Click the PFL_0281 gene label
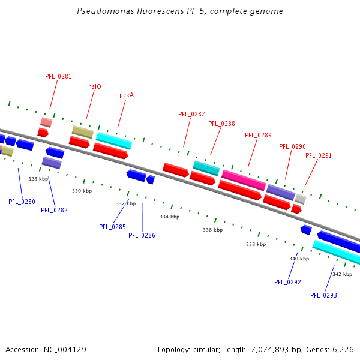pyautogui.click(x=58, y=77)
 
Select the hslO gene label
pyautogui.click(x=95, y=86)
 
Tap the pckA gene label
pyautogui.click(x=127, y=95)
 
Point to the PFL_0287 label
pyautogui.click(x=191, y=114)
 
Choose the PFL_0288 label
pyautogui.click(x=221, y=124)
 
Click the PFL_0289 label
pyautogui.click(x=258, y=135)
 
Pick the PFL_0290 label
pyautogui.click(x=292, y=146)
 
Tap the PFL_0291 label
pyautogui.click(x=319, y=155)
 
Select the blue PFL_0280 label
pyautogui.click(x=22, y=202)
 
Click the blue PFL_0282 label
pyautogui.click(x=54, y=210)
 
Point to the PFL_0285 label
pyautogui.click(x=112, y=227)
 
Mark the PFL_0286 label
pyautogui.click(x=142, y=235)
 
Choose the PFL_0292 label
pyautogui.click(x=287, y=282)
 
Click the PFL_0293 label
pyautogui.click(x=323, y=295)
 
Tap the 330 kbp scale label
pyautogui.click(x=82, y=191)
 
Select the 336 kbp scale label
pyautogui.click(x=212, y=230)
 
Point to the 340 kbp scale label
pyautogui.click(x=299, y=259)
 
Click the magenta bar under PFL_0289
pyautogui.click(x=244, y=179)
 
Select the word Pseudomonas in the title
pyautogui.click(x=103, y=11)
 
